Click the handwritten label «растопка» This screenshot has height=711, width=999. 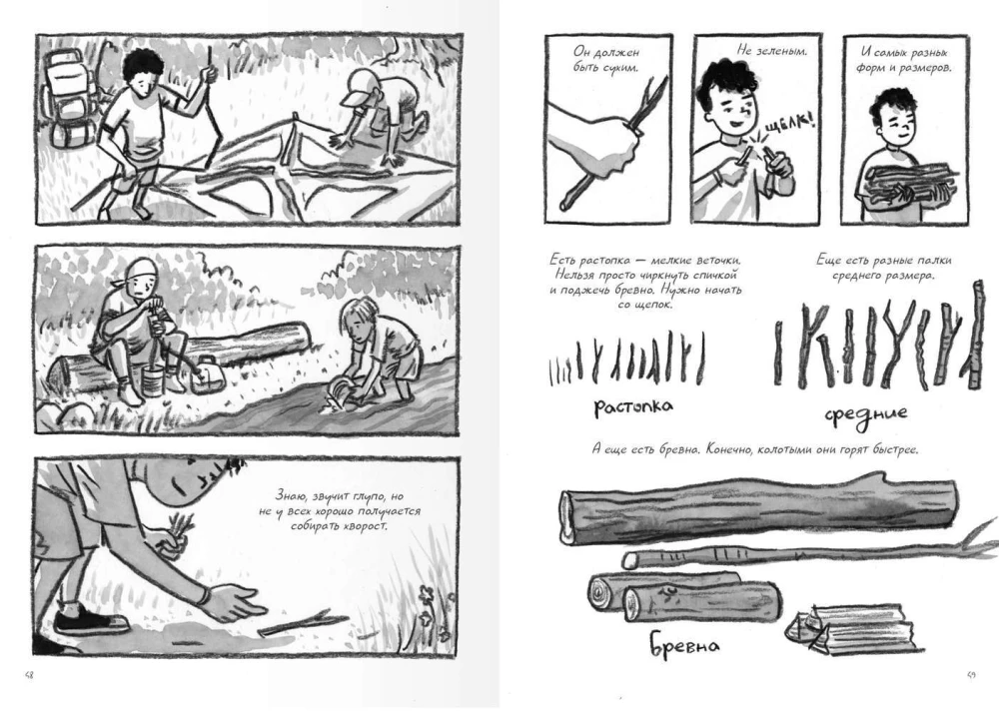[632, 406]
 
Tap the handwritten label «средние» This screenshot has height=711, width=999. [866, 412]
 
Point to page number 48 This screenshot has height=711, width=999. [29, 675]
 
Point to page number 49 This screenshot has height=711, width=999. [970, 675]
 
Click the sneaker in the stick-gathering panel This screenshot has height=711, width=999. [89, 620]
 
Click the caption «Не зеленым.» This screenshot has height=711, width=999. [771, 50]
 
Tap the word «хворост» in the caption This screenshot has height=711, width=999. [364, 527]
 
